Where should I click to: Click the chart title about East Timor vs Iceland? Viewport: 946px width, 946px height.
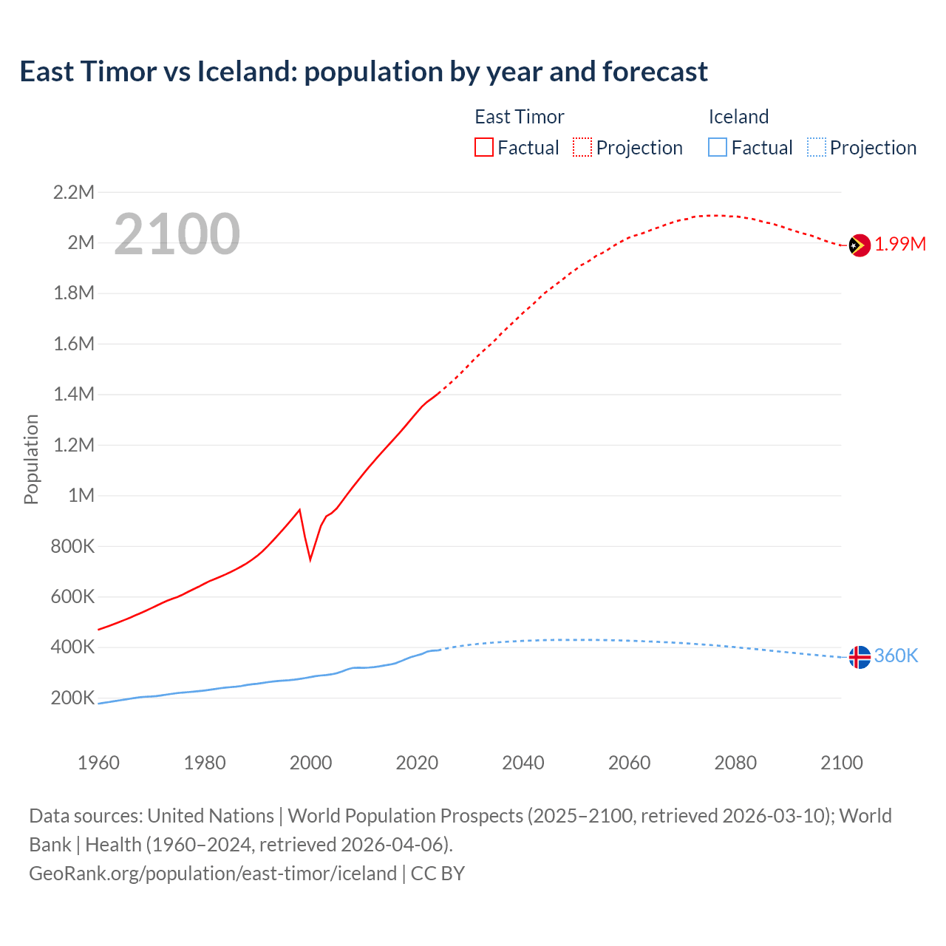tap(363, 72)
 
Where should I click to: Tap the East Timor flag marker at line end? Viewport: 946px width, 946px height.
tap(859, 245)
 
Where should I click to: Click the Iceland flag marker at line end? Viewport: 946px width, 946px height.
tap(859, 656)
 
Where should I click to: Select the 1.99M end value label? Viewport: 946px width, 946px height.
tap(900, 245)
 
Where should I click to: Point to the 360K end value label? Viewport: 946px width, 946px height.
tap(896, 656)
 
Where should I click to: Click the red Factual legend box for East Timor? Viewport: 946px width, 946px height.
tap(483, 148)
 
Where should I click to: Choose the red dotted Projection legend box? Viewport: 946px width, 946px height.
tap(582, 148)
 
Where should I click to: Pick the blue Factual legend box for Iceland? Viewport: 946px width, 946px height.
tap(717, 148)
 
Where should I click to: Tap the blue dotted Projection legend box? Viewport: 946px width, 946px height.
tap(816, 148)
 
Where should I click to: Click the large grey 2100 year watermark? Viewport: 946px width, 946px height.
tap(177, 234)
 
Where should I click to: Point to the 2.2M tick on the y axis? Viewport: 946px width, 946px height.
tap(74, 193)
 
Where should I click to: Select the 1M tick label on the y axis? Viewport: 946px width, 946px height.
tap(81, 496)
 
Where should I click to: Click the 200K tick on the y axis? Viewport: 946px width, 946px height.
tap(72, 698)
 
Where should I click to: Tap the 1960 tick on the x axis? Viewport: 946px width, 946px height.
tap(98, 763)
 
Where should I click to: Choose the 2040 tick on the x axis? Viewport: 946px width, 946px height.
tap(523, 763)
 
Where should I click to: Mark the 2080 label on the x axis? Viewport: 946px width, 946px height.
tap(735, 763)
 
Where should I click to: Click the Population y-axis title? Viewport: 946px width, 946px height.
tap(31, 459)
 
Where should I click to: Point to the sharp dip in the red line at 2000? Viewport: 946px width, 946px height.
tap(310, 558)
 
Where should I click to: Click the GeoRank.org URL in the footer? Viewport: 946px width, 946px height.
tap(213, 874)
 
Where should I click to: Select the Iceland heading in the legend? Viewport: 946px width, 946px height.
tap(738, 117)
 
